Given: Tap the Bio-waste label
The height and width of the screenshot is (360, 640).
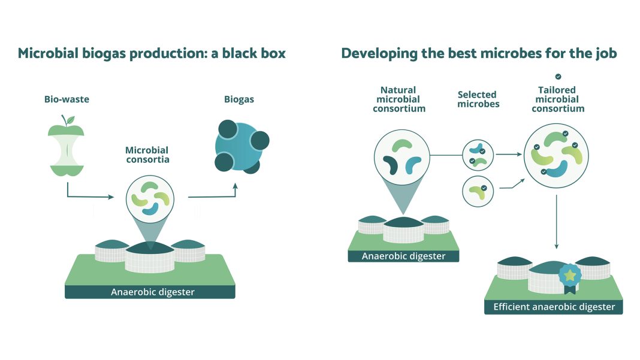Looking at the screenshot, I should point(67,99).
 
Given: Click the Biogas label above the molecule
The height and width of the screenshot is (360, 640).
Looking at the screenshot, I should point(239,99).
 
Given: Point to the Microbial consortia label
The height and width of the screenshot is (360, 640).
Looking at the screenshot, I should point(147,155).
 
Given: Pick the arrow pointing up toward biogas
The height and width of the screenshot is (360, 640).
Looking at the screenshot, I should point(216,193).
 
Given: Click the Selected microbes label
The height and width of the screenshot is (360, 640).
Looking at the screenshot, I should point(478,99).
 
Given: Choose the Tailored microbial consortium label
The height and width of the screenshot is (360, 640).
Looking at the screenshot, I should point(557,99).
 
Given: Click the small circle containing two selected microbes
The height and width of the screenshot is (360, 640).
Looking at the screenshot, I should point(478,155).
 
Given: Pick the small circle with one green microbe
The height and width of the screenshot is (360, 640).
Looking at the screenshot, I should point(478,191).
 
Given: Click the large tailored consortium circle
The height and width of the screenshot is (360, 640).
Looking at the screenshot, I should point(556,158).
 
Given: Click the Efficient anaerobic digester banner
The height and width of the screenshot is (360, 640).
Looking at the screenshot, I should point(554,307).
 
